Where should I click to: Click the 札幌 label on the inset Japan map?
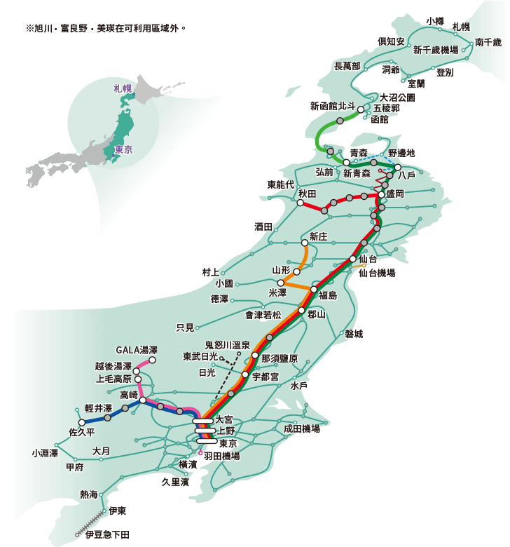[x=123, y=88]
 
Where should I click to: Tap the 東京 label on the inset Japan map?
[x=123, y=150]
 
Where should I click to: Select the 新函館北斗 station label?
[x=333, y=106]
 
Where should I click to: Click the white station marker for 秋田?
[x=300, y=203]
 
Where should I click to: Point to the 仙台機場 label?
[x=377, y=273]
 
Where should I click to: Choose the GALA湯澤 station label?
[x=137, y=350]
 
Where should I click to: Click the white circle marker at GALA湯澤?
[x=152, y=360]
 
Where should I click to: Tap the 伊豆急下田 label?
[x=107, y=534]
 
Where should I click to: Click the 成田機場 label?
[x=302, y=428]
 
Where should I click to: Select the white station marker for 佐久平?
[x=82, y=422]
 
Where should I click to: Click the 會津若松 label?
[x=263, y=315]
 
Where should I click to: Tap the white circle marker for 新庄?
[x=304, y=243]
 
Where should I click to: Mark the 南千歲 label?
[x=488, y=42]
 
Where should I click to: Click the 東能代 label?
[x=282, y=184]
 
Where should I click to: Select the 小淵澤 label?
[x=45, y=453]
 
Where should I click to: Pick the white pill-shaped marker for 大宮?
[x=204, y=421]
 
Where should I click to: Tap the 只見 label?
[x=185, y=327]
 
